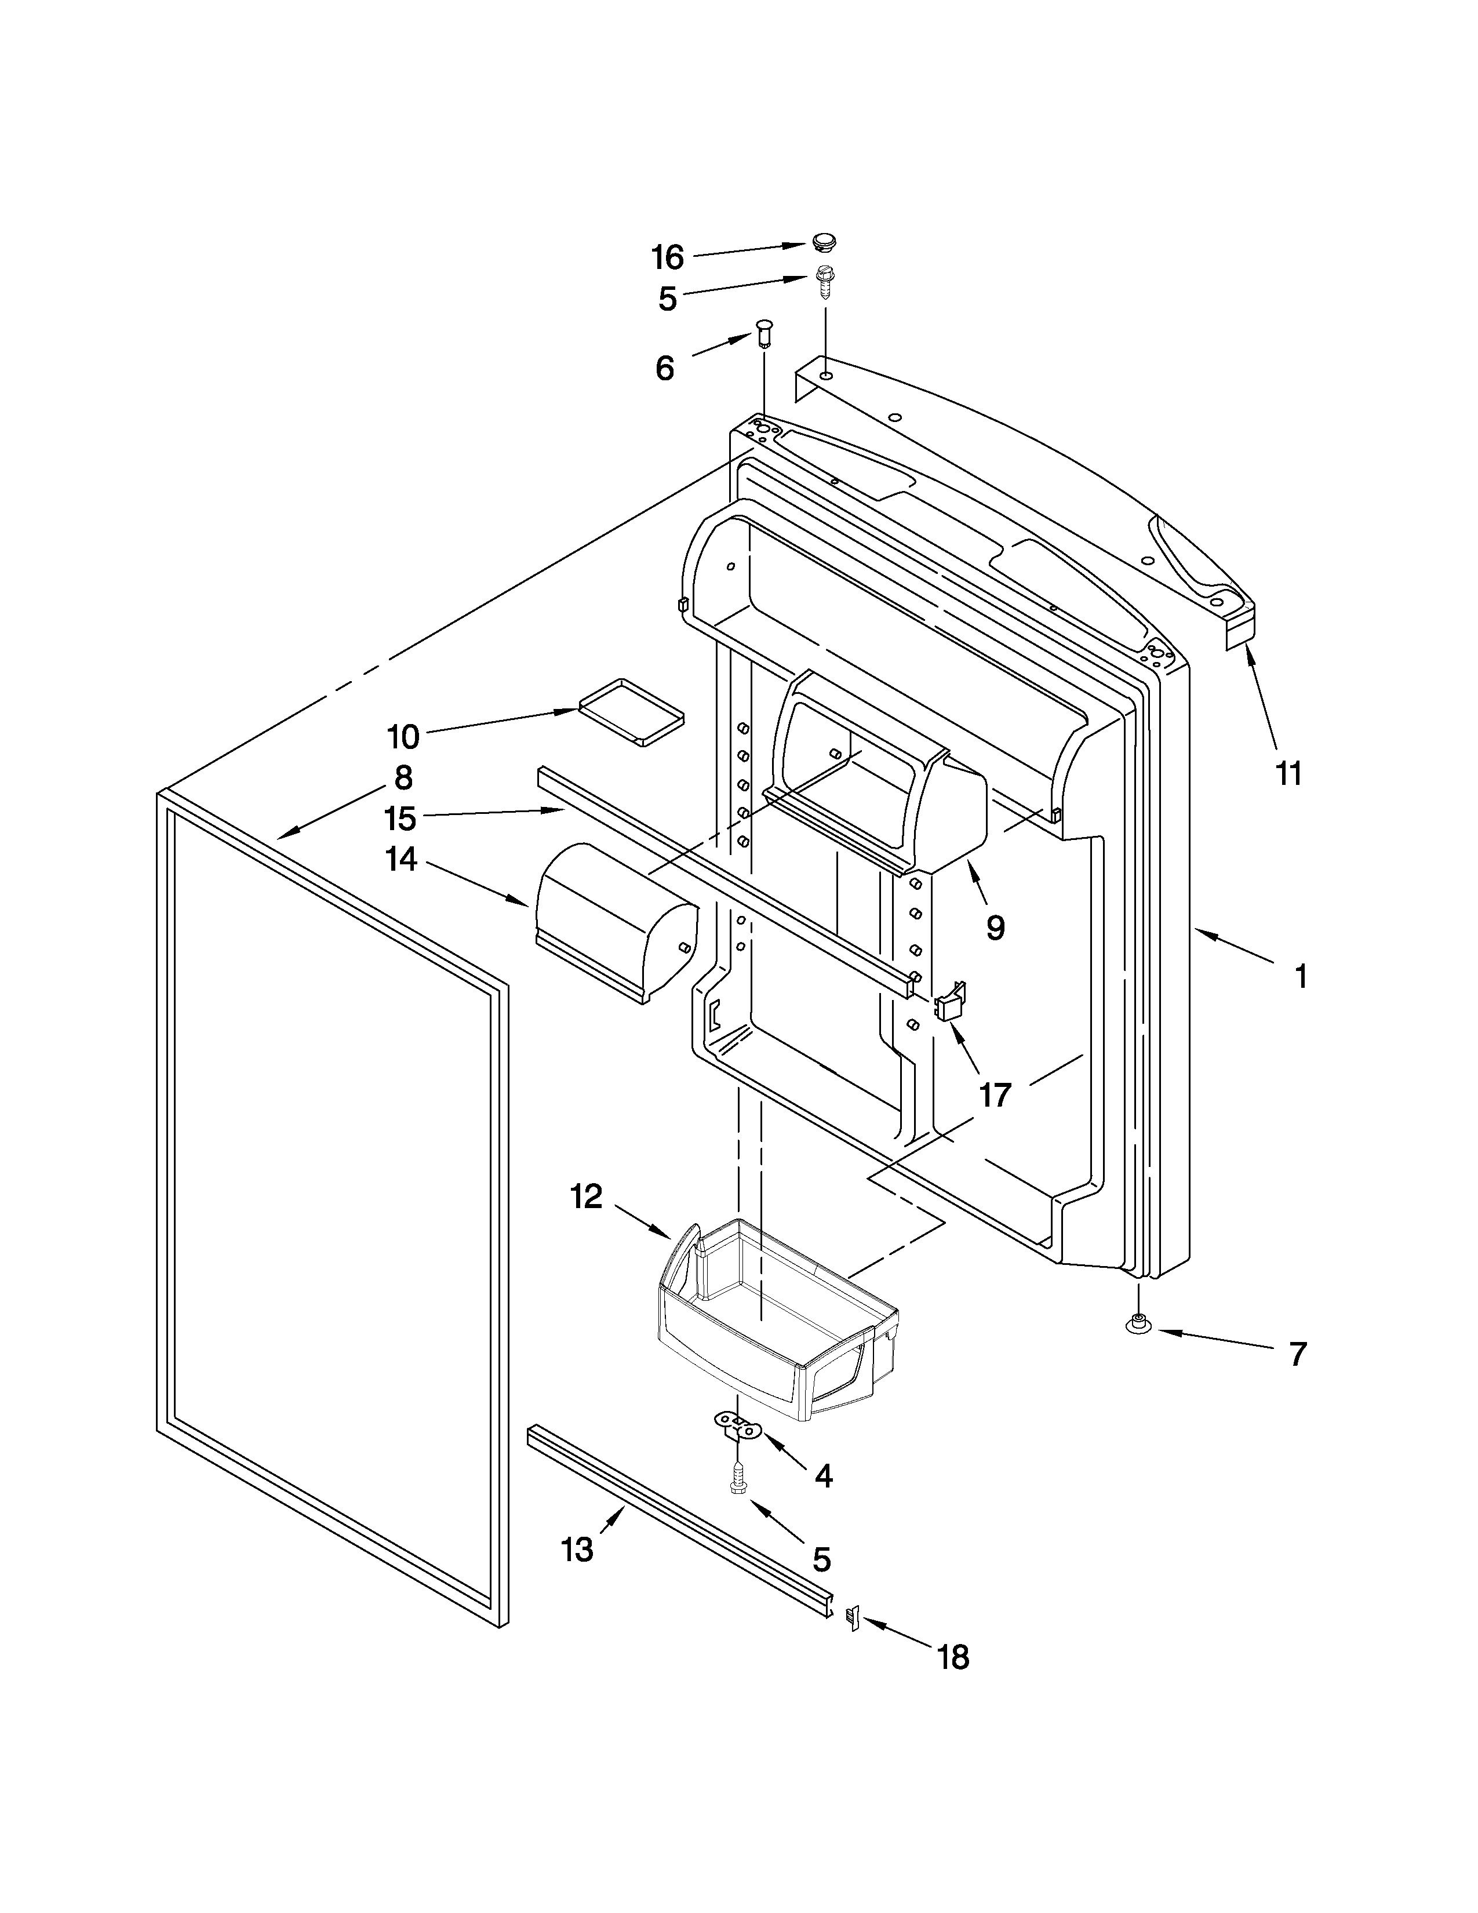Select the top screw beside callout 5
(823, 282)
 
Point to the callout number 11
(1288, 773)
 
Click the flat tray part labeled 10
(631, 711)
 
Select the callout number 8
(403, 778)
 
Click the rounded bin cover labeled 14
(613, 920)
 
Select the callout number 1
(1301, 976)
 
